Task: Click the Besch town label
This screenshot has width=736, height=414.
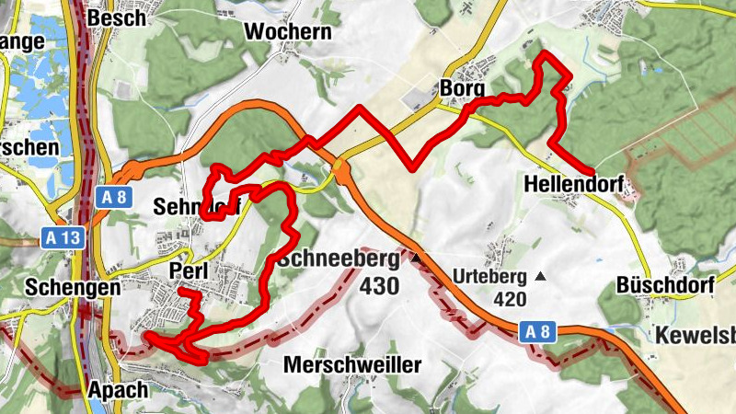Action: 116,17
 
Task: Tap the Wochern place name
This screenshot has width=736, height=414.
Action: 287,31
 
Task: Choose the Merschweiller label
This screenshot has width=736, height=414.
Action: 352,365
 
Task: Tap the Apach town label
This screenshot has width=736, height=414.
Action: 118,390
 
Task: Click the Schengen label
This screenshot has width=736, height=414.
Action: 74,287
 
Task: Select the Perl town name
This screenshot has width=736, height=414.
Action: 191,270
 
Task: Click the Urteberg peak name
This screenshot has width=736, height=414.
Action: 489,276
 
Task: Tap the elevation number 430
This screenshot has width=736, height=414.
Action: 378,287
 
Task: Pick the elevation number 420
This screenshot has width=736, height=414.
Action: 509,299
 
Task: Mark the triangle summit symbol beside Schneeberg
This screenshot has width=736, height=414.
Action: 415,259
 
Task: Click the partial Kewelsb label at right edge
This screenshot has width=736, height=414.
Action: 696,335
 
